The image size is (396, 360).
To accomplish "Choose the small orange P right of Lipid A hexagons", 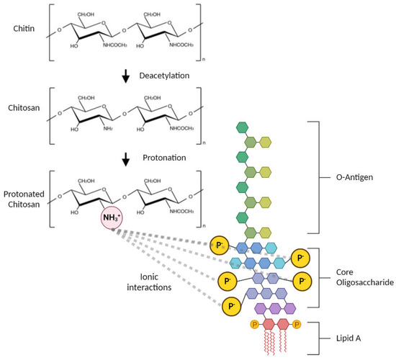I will click(x=297, y=324).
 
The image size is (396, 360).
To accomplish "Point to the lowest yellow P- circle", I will click(x=231, y=306).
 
